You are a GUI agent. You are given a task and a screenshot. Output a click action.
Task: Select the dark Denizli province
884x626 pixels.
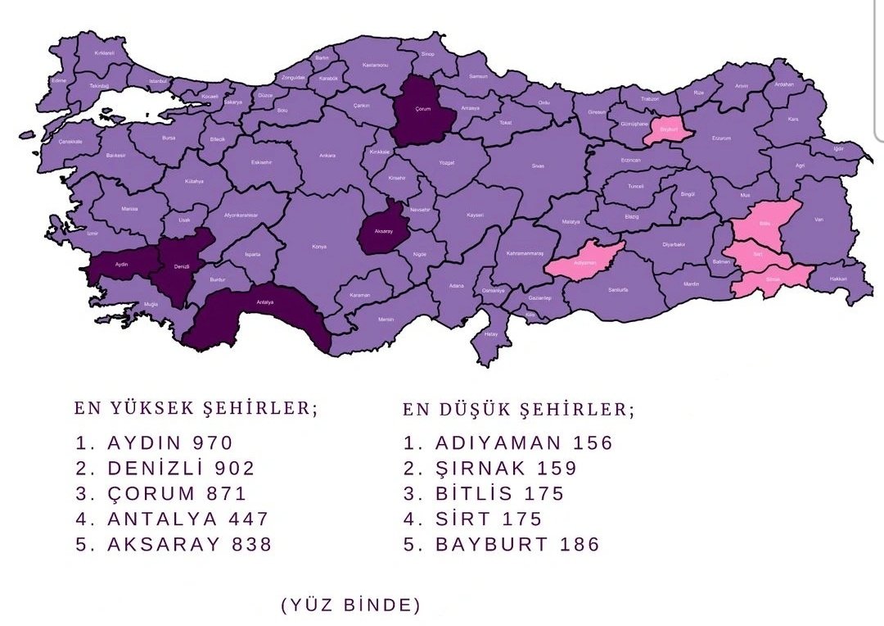tap(182, 266)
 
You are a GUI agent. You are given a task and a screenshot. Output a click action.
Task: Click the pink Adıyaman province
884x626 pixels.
tap(584, 261)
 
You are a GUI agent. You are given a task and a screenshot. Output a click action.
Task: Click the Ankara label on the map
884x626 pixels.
tap(327, 155)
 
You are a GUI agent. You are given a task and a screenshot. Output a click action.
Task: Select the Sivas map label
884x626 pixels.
tap(538, 166)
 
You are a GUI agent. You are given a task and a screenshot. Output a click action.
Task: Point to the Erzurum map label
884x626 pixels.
tap(721, 138)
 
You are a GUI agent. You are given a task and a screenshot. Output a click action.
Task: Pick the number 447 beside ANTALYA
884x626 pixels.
tap(248, 519)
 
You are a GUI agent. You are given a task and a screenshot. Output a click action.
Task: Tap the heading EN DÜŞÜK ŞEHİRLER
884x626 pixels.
tap(518, 408)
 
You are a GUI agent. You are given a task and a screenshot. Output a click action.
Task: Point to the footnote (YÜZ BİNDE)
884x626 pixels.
tap(351, 606)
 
